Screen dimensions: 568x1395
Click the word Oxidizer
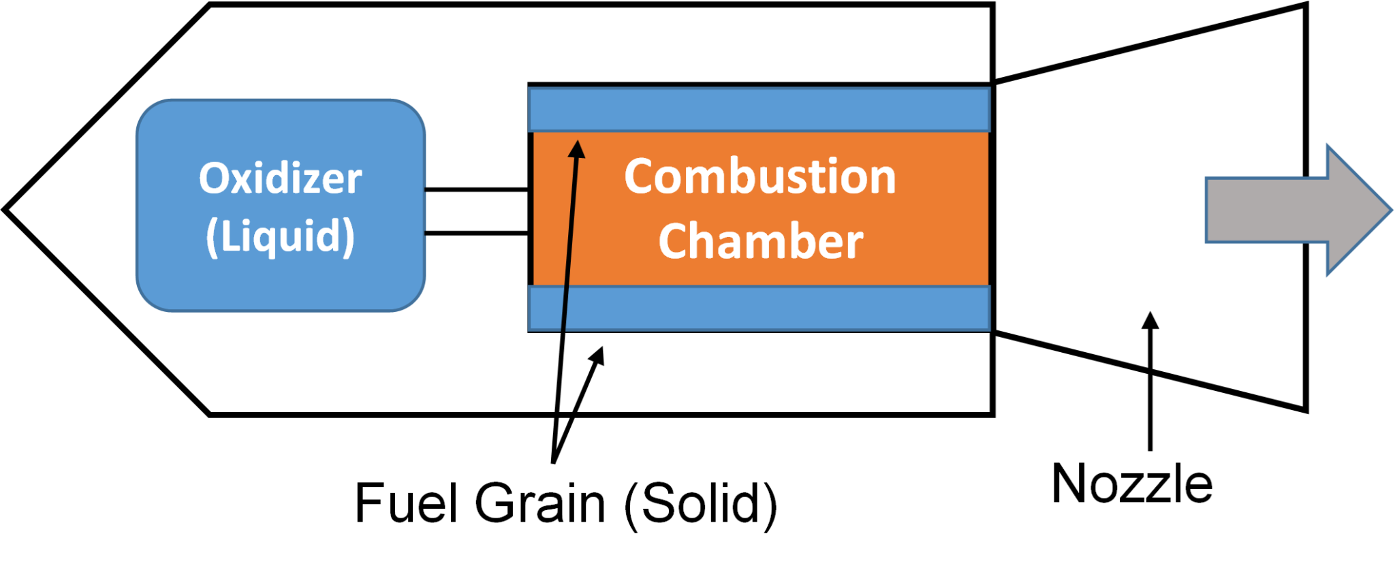point(280,178)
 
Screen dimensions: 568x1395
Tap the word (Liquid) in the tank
point(280,236)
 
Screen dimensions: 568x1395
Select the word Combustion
point(759,177)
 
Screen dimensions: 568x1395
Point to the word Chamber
point(760,242)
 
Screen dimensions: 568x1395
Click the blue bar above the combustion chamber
point(759,109)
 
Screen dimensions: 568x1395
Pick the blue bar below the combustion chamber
point(759,308)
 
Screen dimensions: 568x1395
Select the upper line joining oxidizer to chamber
point(476,190)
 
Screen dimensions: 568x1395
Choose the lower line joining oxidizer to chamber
point(476,234)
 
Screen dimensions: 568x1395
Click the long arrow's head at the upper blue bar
point(577,148)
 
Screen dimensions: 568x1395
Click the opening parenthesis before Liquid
point(212,238)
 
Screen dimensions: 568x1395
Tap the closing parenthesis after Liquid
point(349,238)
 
